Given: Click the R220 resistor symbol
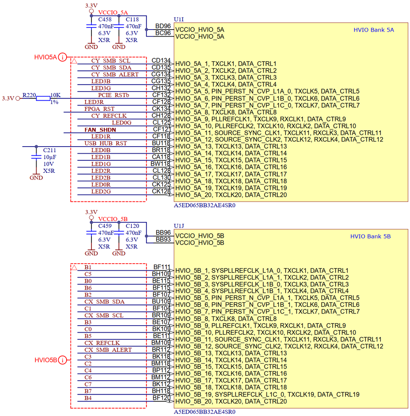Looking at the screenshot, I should point(43,98).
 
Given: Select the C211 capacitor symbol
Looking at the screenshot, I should point(36,157).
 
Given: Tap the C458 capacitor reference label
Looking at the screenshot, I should point(104,20).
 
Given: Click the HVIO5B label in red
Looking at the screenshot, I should point(45,360).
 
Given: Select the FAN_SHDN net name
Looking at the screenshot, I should point(100,130).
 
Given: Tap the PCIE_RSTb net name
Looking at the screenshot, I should point(114,95).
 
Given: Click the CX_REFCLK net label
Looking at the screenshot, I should point(102,343).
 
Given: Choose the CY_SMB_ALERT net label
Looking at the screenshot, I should point(115,75).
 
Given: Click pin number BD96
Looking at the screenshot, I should point(163,26).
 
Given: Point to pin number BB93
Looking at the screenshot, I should point(163,240).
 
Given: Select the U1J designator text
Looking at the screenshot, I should point(179,226).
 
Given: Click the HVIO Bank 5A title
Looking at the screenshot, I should point(373,30).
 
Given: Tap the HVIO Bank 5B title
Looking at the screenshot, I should point(370,237).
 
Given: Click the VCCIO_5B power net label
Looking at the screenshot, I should point(113,219).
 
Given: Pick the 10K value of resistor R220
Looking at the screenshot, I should point(55,95).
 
